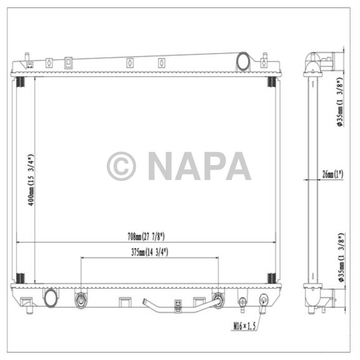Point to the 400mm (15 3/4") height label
coord(31,180)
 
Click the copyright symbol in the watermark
coord(121,166)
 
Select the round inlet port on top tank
coord(242,62)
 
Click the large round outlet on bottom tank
coord(51,298)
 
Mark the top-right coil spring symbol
coord(271,82)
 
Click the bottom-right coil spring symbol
coord(271,278)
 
